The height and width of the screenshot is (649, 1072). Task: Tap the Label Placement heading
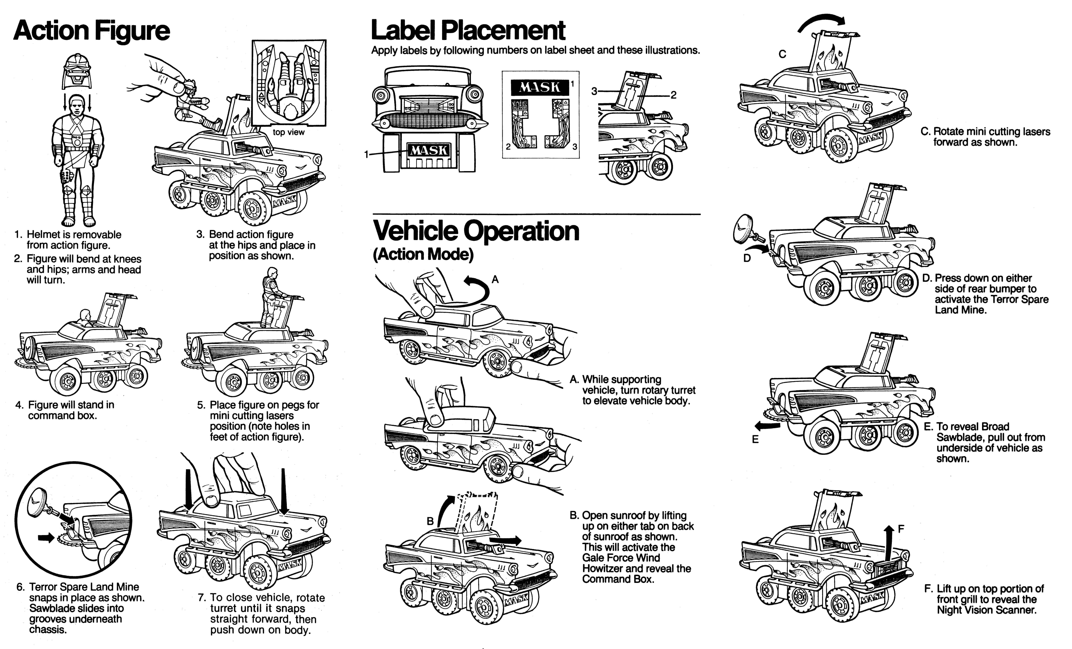pyautogui.click(x=468, y=30)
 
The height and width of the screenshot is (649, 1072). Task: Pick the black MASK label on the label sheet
pyautogui.click(x=539, y=87)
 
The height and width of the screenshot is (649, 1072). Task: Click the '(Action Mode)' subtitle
pyautogui.click(x=423, y=255)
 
